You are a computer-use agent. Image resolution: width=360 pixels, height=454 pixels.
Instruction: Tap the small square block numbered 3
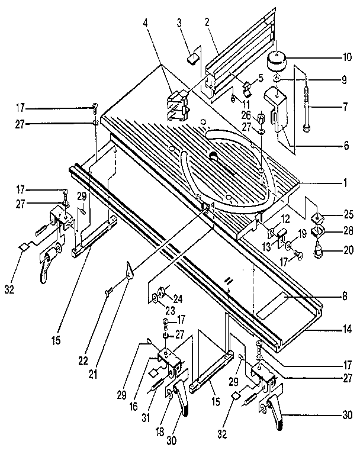coord(192,58)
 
